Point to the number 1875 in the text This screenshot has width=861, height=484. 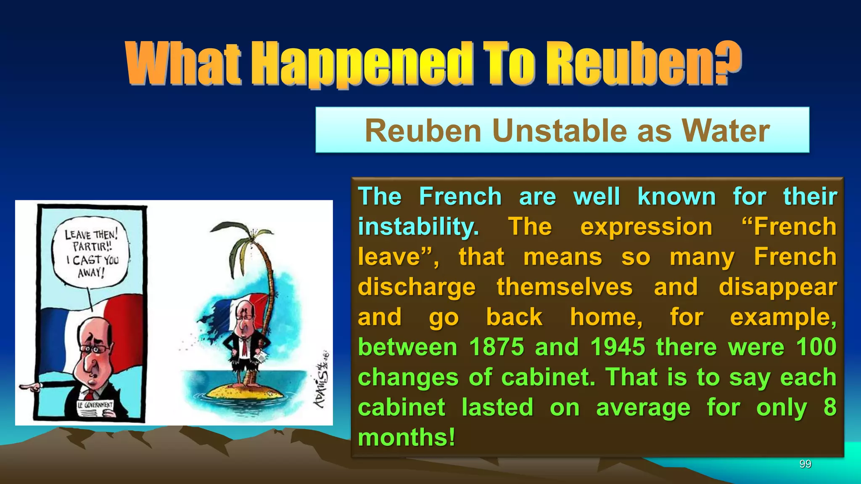pos(497,347)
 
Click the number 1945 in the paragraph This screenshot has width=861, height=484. pos(618,347)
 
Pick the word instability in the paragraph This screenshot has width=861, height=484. pos(418,227)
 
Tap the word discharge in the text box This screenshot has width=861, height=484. pos(417,287)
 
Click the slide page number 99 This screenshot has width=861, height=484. pos(805,464)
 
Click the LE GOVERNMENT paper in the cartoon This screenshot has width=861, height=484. pos(95,405)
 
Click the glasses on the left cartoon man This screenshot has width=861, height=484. pos(94,348)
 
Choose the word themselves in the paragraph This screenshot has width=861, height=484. pos(564,287)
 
